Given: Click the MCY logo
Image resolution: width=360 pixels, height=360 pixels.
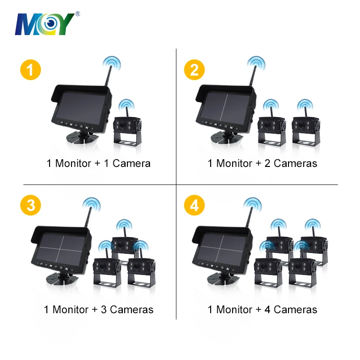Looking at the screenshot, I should click(45, 24).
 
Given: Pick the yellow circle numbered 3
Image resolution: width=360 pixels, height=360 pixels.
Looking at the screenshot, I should click(31, 205).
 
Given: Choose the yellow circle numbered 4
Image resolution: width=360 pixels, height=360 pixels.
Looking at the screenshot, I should click(194, 205).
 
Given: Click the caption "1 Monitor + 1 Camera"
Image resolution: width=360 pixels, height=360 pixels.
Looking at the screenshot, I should click(99, 163).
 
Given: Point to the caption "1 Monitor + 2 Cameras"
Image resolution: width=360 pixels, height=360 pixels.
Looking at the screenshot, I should click(262, 163).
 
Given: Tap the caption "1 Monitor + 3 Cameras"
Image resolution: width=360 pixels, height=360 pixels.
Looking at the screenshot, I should click(99, 310).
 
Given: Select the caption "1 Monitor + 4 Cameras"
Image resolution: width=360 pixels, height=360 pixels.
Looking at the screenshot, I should click(262, 310).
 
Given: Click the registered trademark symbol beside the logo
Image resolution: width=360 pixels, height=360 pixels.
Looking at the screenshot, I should click(78, 14).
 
